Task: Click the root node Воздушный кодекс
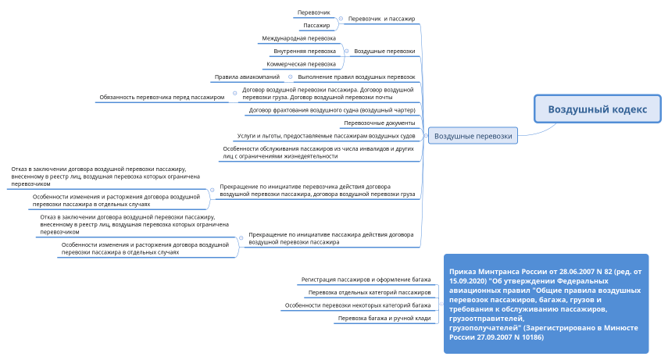click(x=597, y=109)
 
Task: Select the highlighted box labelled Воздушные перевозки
click(x=473, y=136)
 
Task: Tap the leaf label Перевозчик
click(x=313, y=13)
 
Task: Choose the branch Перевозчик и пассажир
click(x=381, y=18)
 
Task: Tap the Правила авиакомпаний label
click(x=247, y=77)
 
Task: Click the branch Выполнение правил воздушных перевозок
click(x=356, y=77)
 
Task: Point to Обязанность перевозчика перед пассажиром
click(x=162, y=97)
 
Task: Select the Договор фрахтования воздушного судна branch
click(x=332, y=111)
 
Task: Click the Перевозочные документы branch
click(x=379, y=123)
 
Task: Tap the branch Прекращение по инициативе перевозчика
click(x=317, y=190)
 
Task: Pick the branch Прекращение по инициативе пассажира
click(x=331, y=238)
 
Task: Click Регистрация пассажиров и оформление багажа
click(x=366, y=279)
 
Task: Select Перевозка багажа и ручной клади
click(x=384, y=319)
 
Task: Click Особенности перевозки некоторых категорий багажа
click(x=357, y=305)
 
